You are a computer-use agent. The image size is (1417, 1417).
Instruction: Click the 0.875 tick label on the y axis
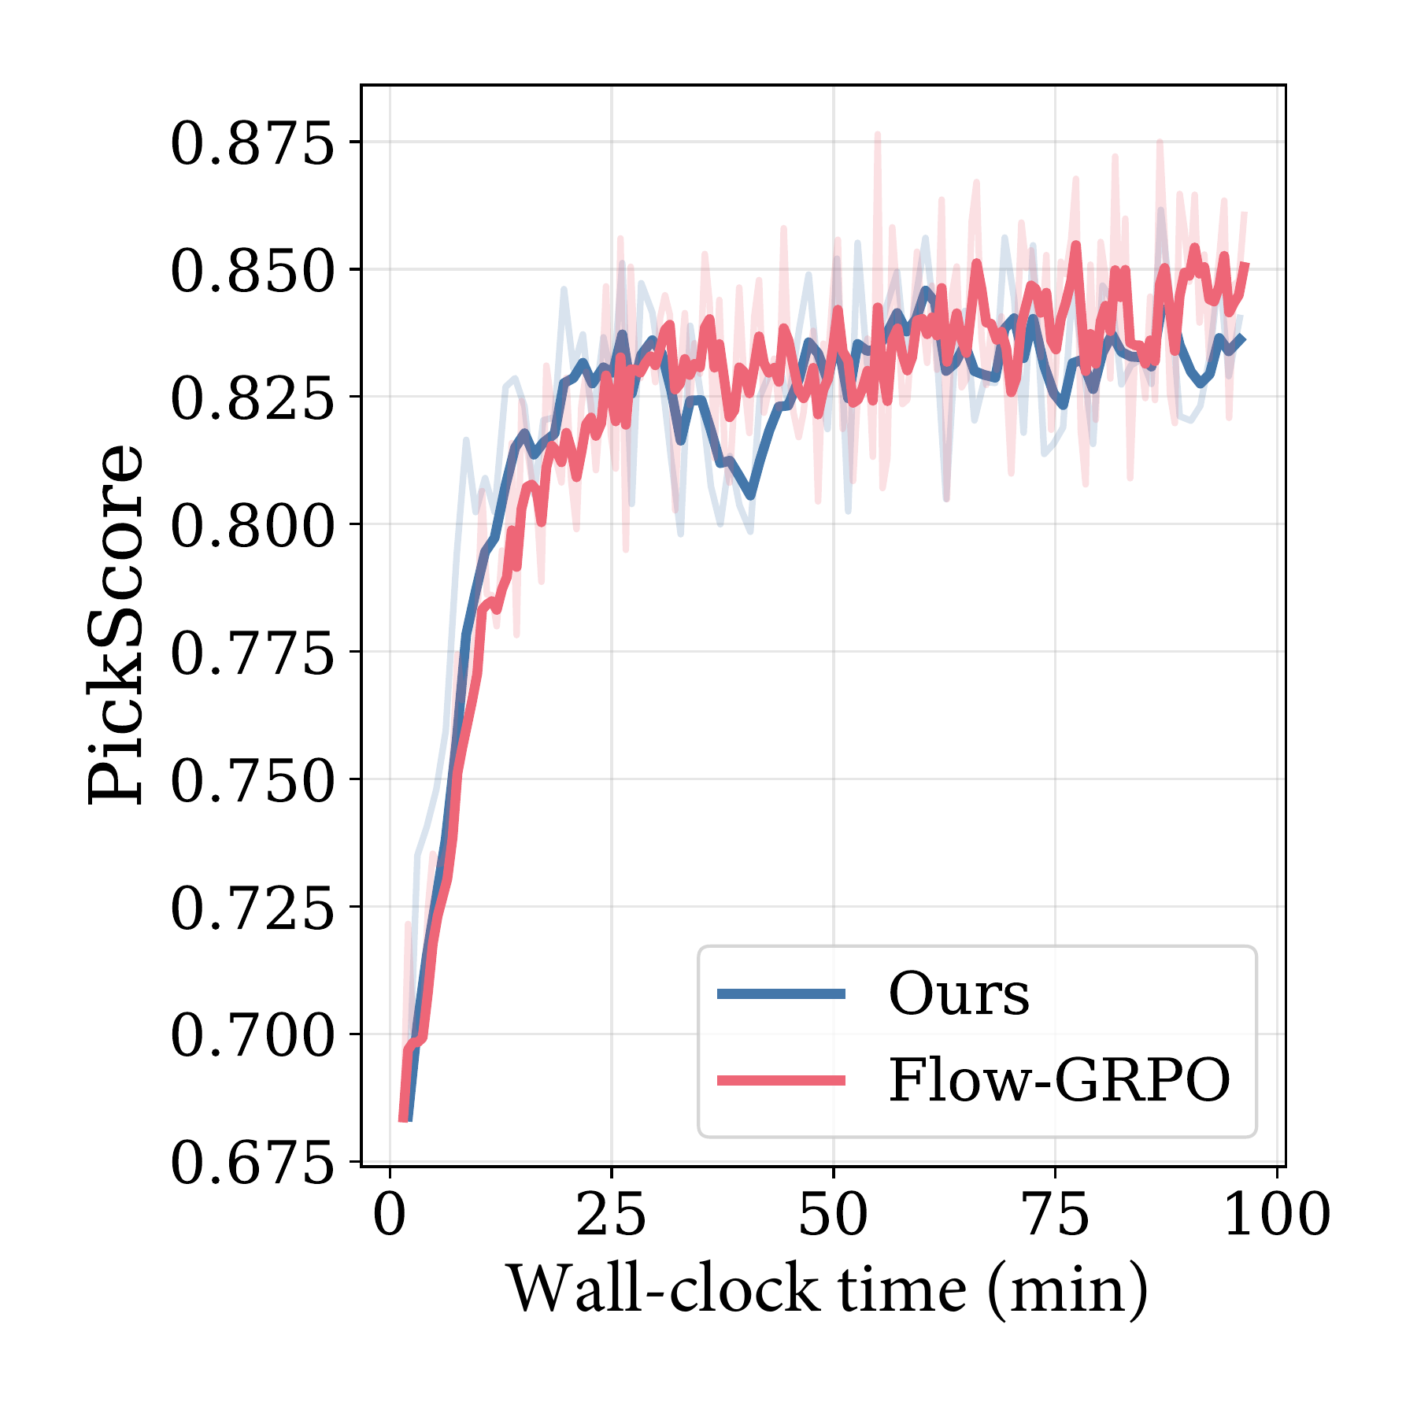[x=252, y=143]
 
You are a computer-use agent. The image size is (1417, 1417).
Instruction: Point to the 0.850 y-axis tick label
[x=252, y=271]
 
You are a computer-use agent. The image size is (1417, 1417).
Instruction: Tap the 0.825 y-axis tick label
[x=252, y=398]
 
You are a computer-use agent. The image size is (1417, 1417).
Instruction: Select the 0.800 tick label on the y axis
[x=252, y=526]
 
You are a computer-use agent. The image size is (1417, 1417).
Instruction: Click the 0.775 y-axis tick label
[x=252, y=653]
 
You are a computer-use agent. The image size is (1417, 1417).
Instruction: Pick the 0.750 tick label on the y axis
[x=252, y=781]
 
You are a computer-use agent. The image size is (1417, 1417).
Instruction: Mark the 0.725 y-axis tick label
[x=252, y=908]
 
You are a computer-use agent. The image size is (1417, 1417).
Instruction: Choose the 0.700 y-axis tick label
[x=252, y=1036]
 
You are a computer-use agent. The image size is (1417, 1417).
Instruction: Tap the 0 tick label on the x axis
[x=390, y=1214]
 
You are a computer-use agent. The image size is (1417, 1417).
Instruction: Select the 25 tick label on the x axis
[x=612, y=1214]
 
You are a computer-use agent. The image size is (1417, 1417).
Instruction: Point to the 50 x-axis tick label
[x=834, y=1214]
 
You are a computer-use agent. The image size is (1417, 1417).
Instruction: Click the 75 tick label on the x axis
[x=1056, y=1214]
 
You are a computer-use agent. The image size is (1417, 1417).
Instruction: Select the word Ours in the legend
[x=959, y=993]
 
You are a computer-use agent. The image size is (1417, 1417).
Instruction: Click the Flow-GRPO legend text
[x=1060, y=1080]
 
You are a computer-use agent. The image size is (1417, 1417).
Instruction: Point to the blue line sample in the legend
[x=781, y=994]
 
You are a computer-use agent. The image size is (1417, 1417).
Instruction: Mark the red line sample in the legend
[x=781, y=1080]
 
